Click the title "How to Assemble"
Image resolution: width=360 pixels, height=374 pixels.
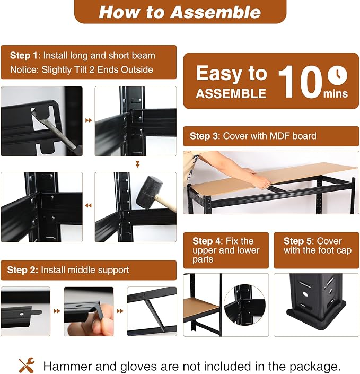(x=180, y=12)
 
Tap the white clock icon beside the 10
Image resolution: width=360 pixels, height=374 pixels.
(x=337, y=75)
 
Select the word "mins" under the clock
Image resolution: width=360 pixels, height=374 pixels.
(x=336, y=94)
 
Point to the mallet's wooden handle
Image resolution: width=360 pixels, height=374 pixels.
(x=166, y=203)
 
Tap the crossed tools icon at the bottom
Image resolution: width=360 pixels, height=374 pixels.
(x=27, y=365)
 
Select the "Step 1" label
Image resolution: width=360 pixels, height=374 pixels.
(x=24, y=56)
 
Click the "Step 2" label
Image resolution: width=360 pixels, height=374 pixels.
(x=22, y=270)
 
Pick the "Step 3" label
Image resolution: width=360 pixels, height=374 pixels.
(x=205, y=136)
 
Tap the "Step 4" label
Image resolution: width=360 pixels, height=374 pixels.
(x=207, y=241)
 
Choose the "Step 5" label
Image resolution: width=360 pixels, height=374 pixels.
(x=298, y=241)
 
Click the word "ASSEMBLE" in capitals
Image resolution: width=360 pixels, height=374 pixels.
(x=231, y=93)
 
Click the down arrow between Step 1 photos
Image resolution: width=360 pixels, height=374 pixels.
(x=137, y=164)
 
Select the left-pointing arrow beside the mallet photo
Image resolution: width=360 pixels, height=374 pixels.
(x=89, y=205)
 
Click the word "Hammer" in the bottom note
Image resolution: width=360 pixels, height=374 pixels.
(x=67, y=367)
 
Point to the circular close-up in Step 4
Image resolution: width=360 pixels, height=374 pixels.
(x=244, y=305)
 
